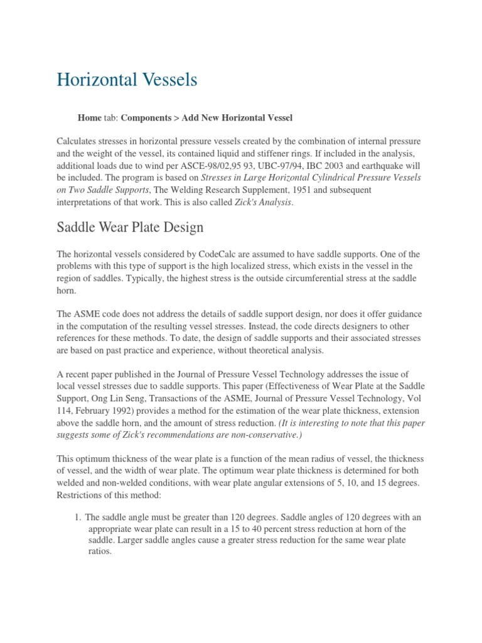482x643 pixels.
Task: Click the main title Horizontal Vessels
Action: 127,80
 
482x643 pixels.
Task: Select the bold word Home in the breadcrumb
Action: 89,117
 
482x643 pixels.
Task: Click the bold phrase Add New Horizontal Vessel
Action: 228,117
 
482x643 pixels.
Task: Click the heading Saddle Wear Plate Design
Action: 130,227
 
